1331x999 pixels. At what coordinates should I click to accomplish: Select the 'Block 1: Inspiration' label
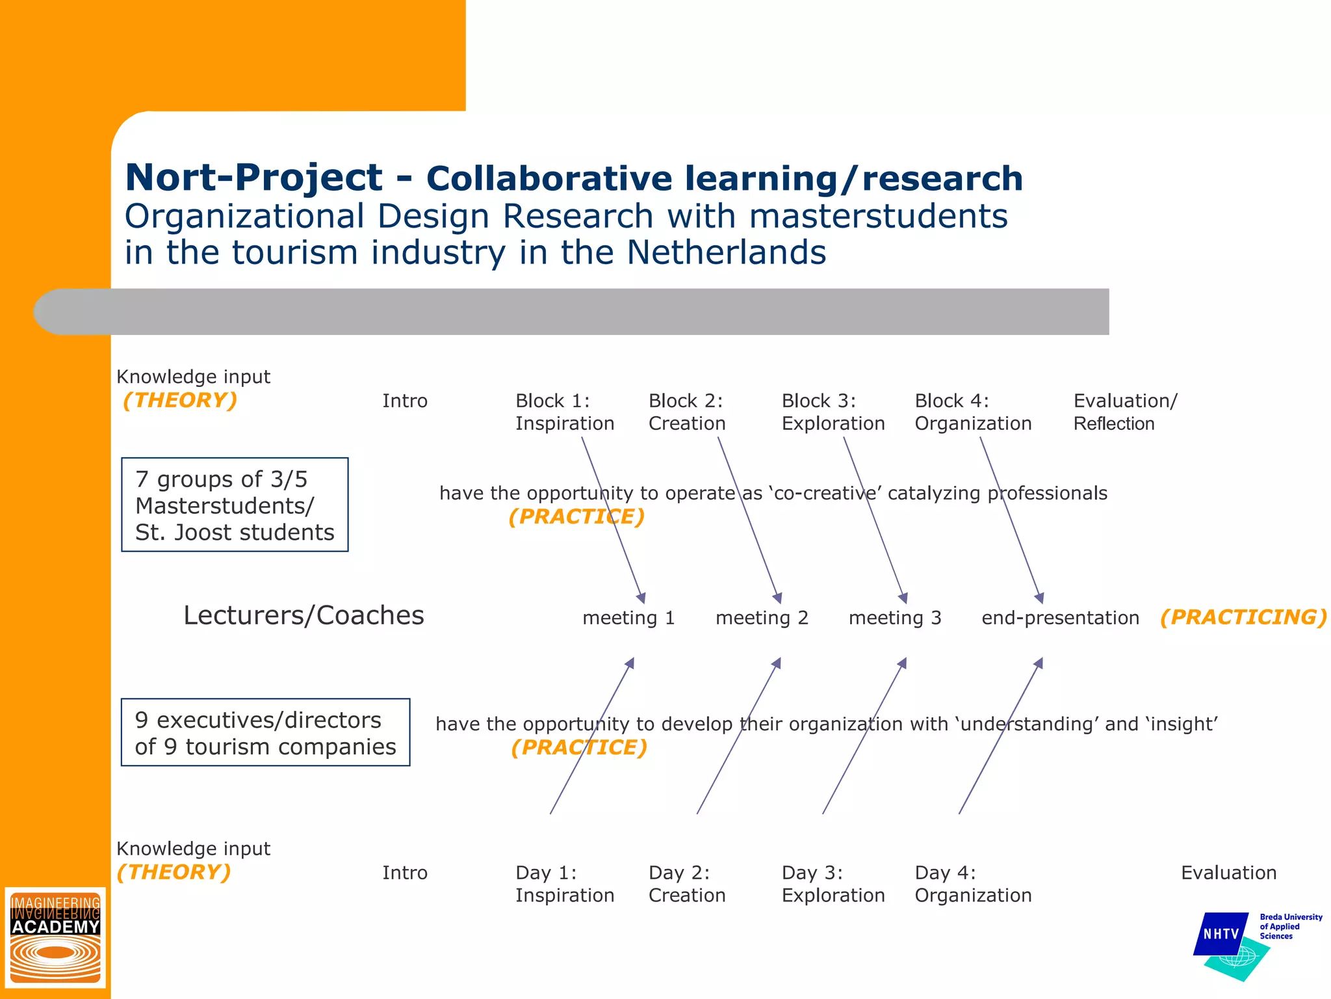(x=564, y=412)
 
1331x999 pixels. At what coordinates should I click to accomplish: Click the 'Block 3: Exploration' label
(x=833, y=412)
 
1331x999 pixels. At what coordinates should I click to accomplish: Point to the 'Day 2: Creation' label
(x=686, y=884)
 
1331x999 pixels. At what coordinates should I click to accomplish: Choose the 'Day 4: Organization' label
(x=972, y=884)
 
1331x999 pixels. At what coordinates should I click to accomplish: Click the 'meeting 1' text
(x=628, y=618)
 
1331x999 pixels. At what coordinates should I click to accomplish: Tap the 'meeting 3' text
(x=894, y=618)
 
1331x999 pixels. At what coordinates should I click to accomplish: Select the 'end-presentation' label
(x=1060, y=618)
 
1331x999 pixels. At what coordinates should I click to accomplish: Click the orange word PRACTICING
(x=1243, y=617)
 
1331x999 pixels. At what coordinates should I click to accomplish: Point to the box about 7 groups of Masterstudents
(x=235, y=505)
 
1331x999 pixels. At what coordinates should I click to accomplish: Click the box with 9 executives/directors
(x=265, y=733)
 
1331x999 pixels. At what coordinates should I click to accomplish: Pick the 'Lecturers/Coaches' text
(x=304, y=615)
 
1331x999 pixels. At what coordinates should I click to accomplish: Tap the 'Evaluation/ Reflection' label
(x=1124, y=412)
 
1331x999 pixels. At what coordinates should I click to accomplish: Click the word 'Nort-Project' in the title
(x=253, y=178)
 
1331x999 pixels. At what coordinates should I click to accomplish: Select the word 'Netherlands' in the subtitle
(x=726, y=252)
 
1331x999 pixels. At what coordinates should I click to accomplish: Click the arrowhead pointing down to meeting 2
(x=778, y=598)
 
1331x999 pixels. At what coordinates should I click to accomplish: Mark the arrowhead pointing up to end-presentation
(x=1039, y=663)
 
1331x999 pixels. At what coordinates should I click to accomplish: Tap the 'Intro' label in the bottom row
(x=404, y=873)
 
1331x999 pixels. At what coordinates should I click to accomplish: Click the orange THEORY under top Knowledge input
(x=180, y=400)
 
